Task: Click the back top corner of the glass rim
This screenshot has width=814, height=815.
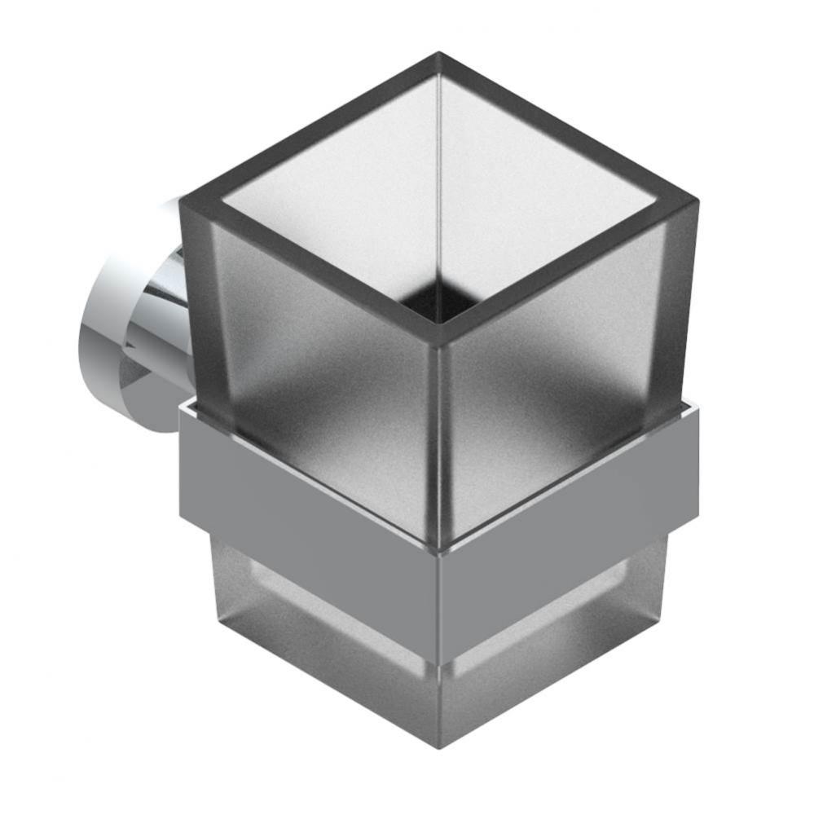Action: (x=439, y=56)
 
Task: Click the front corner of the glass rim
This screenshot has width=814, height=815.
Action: (x=438, y=337)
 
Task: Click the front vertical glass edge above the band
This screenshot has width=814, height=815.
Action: (x=438, y=440)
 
